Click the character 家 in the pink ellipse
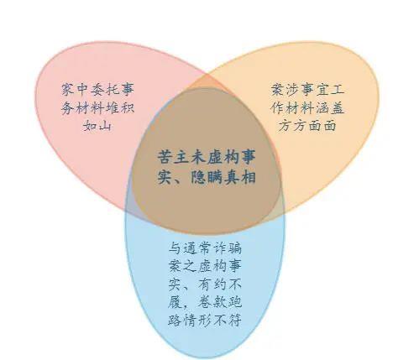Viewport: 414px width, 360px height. click(69, 90)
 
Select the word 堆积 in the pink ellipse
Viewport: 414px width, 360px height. click(120, 108)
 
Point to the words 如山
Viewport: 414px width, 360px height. click(98, 126)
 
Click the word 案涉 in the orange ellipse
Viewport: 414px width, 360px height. click(286, 90)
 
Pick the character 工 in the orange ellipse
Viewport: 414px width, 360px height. click(337, 90)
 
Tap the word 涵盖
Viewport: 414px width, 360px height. click(330, 108)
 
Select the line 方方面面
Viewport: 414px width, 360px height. click(307, 125)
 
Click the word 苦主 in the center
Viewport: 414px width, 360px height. click(174, 157)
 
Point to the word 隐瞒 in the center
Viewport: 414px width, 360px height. click(207, 177)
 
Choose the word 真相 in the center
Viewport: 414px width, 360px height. click(240, 177)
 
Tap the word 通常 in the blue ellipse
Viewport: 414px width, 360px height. click(197, 248)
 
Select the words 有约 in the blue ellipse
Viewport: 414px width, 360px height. click(212, 284)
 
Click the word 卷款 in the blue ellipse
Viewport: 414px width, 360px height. click(212, 303)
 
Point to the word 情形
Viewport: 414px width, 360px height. click(197, 321)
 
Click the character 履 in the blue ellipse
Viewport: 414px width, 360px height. click(176, 303)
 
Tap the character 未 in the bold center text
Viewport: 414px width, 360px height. click(199, 157)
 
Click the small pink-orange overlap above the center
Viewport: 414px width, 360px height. click(207, 82)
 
